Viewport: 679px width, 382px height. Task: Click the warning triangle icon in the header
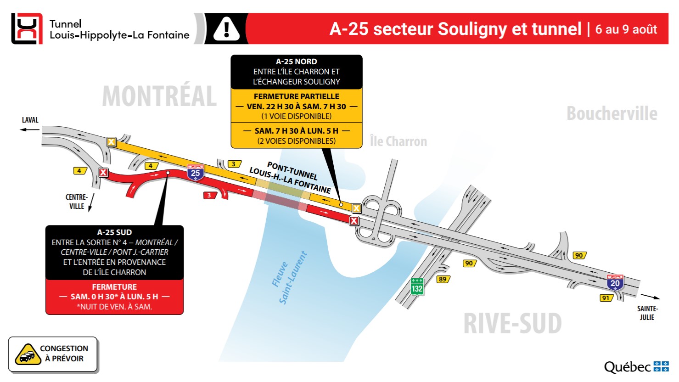226,29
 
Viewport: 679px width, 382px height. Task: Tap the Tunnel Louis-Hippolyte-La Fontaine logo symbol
27,28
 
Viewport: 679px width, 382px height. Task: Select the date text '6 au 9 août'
626,29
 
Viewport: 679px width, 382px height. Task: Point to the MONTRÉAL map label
159,96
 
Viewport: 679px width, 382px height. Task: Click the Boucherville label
612,113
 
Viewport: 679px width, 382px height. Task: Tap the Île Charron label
398,141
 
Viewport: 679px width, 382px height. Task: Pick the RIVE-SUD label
512,323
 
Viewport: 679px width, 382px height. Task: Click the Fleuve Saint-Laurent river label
289,278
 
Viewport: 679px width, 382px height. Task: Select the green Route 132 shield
417,286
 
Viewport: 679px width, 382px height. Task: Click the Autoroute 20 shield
615,282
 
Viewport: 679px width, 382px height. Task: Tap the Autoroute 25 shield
196,172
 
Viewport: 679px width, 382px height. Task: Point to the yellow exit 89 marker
443,279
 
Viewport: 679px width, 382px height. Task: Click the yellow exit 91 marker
606,298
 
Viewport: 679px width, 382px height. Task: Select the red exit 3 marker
210,195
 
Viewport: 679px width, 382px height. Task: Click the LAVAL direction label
30,120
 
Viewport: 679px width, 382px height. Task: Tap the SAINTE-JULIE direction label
647,313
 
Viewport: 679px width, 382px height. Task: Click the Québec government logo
636,367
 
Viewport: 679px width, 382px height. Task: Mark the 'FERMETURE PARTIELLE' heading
296,96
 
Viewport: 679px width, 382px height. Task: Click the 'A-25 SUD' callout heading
114,232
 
